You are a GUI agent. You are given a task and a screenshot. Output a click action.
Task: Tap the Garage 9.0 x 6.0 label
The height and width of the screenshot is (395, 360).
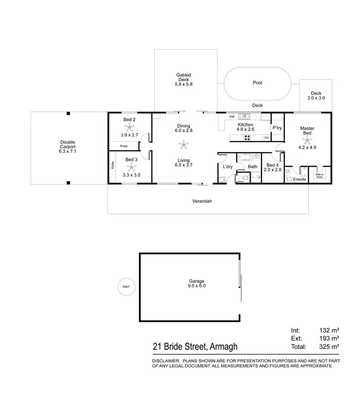click(197, 284)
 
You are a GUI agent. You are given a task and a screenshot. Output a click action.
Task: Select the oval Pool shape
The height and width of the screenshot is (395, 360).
click(257, 84)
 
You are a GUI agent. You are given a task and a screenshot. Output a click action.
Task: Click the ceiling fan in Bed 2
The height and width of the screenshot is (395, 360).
click(129, 127)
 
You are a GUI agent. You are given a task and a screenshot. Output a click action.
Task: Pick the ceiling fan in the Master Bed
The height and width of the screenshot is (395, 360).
click(307, 141)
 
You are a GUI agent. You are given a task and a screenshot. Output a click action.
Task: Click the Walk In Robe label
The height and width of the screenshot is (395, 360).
click(320, 176)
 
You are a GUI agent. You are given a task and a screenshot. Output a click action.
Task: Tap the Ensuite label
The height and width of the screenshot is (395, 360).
click(300, 179)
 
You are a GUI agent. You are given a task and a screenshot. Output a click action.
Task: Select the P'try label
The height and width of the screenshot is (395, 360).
click(277, 128)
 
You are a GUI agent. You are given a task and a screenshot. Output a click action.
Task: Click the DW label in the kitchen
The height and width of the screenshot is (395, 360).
click(231, 116)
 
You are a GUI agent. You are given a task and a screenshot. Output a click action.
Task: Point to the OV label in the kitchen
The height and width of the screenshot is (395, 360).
click(266, 138)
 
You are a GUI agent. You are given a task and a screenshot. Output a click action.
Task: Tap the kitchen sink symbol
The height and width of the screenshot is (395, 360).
click(245, 116)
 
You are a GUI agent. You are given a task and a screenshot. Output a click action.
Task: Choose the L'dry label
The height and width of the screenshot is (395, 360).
click(228, 167)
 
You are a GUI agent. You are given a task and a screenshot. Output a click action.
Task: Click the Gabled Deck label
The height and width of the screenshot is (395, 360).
click(183, 78)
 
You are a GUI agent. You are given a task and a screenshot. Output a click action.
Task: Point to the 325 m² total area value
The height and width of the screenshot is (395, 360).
click(329, 346)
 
